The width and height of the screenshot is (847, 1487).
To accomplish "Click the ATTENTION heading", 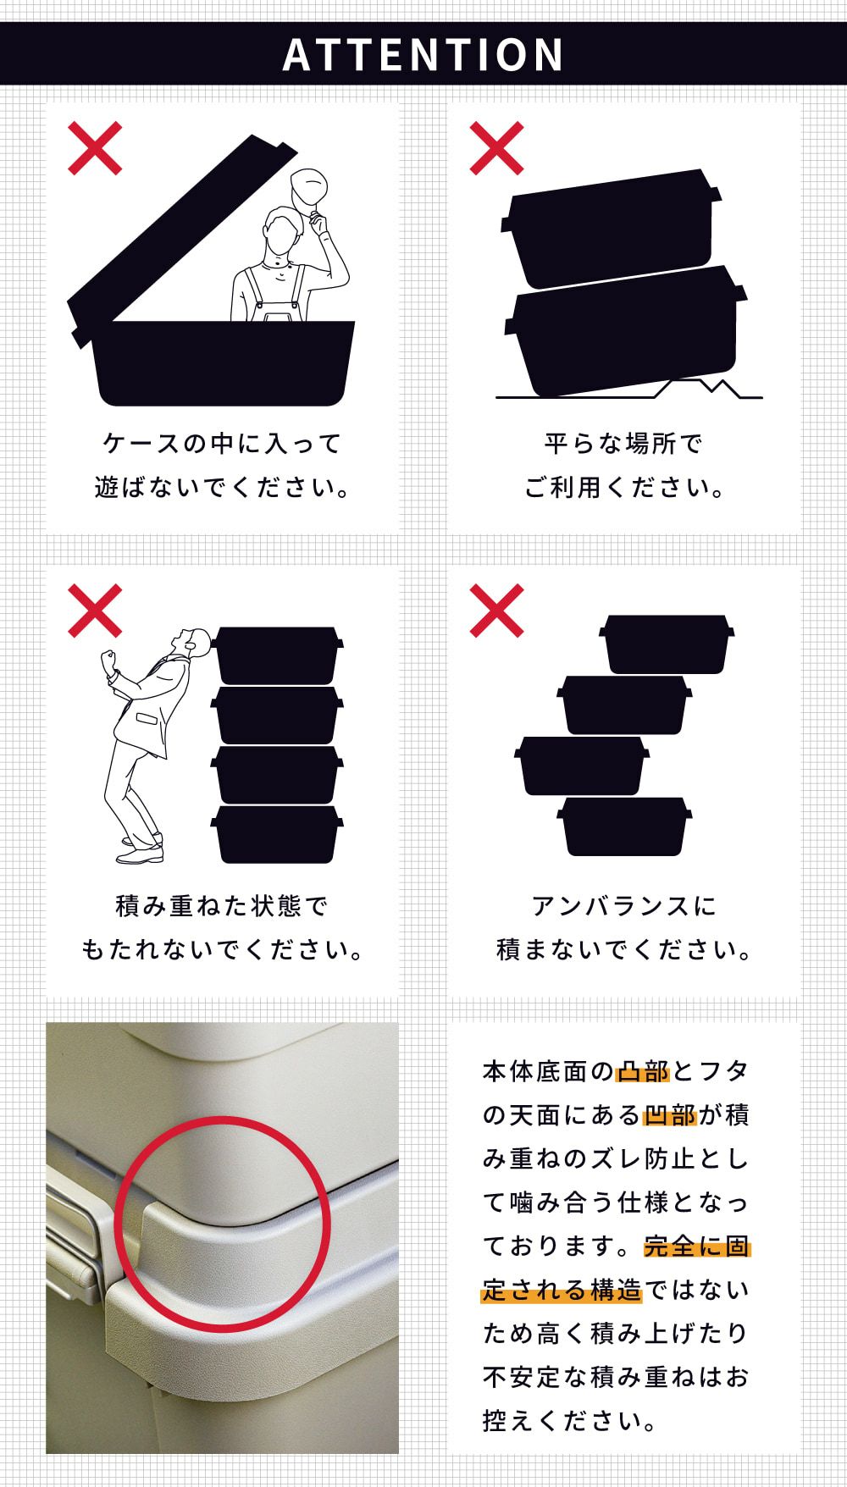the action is click(423, 54).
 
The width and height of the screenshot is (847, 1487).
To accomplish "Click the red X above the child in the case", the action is click(95, 148).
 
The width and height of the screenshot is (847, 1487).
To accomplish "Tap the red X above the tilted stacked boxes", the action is click(497, 148).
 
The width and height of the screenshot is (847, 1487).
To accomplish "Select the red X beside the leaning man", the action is click(95, 611).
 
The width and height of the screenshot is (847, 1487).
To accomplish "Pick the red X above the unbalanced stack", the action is click(497, 611).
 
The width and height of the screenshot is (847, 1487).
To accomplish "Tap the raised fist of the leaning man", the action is click(108, 661).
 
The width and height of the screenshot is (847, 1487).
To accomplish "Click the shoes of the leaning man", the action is click(141, 849).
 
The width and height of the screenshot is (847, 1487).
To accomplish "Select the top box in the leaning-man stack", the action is click(277, 655).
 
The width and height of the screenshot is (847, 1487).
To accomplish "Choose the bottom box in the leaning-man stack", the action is click(277, 834).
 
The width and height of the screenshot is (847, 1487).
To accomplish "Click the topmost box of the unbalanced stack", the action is click(667, 644).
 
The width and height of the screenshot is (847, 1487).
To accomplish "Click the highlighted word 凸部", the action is click(643, 1071).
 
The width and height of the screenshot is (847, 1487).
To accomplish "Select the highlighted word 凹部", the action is click(670, 1115).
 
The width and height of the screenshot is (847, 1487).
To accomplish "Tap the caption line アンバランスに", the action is click(624, 905).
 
